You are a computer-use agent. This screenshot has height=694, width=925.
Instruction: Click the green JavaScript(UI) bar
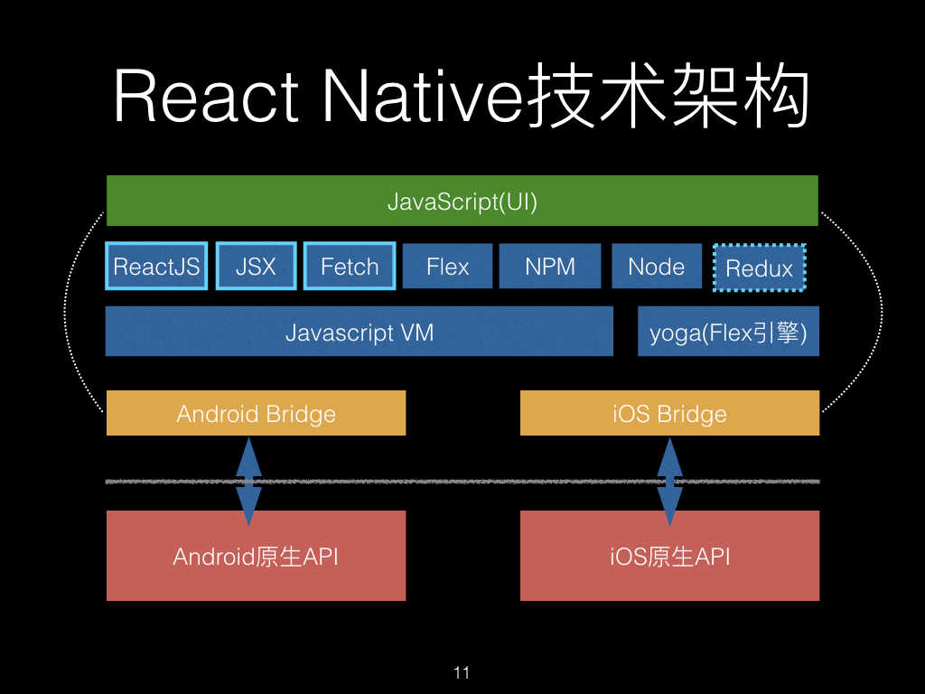[x=462, y=201]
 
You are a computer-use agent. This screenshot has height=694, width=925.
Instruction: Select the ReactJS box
[x=156, y=267]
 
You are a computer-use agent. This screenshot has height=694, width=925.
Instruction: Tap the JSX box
[x=256, y=267]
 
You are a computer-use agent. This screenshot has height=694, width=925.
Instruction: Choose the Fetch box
[x=350, y=267]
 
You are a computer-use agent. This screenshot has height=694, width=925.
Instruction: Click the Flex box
[x=448, y=267]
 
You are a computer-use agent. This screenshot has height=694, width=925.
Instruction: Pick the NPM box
[x=550, y=267]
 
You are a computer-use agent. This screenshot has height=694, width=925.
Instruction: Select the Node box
[x=657, y=267]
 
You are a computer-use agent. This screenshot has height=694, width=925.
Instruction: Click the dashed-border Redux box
[x=760, y=268]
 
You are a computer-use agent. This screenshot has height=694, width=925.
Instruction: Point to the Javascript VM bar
[x=360, y=332]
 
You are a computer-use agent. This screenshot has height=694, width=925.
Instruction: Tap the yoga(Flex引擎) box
[x=728, y=332]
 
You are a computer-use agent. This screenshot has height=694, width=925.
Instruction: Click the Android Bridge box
[x=256, y=414]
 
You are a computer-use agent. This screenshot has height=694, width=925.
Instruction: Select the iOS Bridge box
[x=669, y=414]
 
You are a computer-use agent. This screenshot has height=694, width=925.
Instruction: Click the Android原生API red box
[x=256, y=556]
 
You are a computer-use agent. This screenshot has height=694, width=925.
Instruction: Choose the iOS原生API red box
[x=669, y=556]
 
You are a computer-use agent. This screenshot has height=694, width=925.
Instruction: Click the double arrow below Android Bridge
[x=248, y=482]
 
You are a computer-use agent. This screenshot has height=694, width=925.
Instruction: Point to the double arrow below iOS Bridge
[x=669, y=482]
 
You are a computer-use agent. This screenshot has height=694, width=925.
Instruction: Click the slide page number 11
[x=462, y=672]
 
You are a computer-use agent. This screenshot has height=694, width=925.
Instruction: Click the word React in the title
[x=206, y=98]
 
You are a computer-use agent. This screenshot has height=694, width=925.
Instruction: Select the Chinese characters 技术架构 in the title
[x=668, y=98]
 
